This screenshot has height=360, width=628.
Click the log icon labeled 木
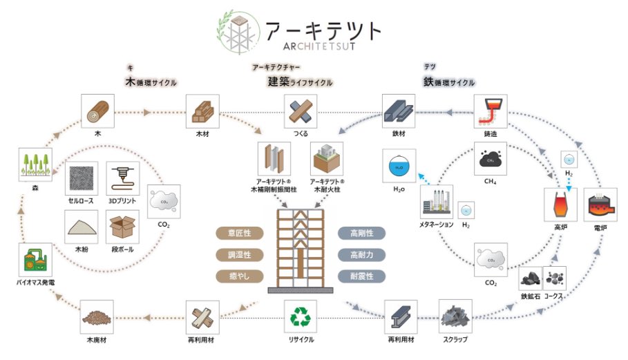click(x=98, y=111)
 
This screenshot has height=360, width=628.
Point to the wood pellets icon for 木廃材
click(x=97, y=316)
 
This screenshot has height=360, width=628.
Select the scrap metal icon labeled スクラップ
click(x=455, y=316)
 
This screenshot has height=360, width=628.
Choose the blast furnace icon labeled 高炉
click(x=560, y=206)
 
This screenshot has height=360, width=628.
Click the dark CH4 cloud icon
click(x=491, y=159)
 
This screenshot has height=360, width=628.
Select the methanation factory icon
click(x=437, y=202)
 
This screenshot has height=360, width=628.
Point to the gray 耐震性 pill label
click(x=361, y=276)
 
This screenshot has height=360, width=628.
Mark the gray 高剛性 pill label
click(x=361, y=234)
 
